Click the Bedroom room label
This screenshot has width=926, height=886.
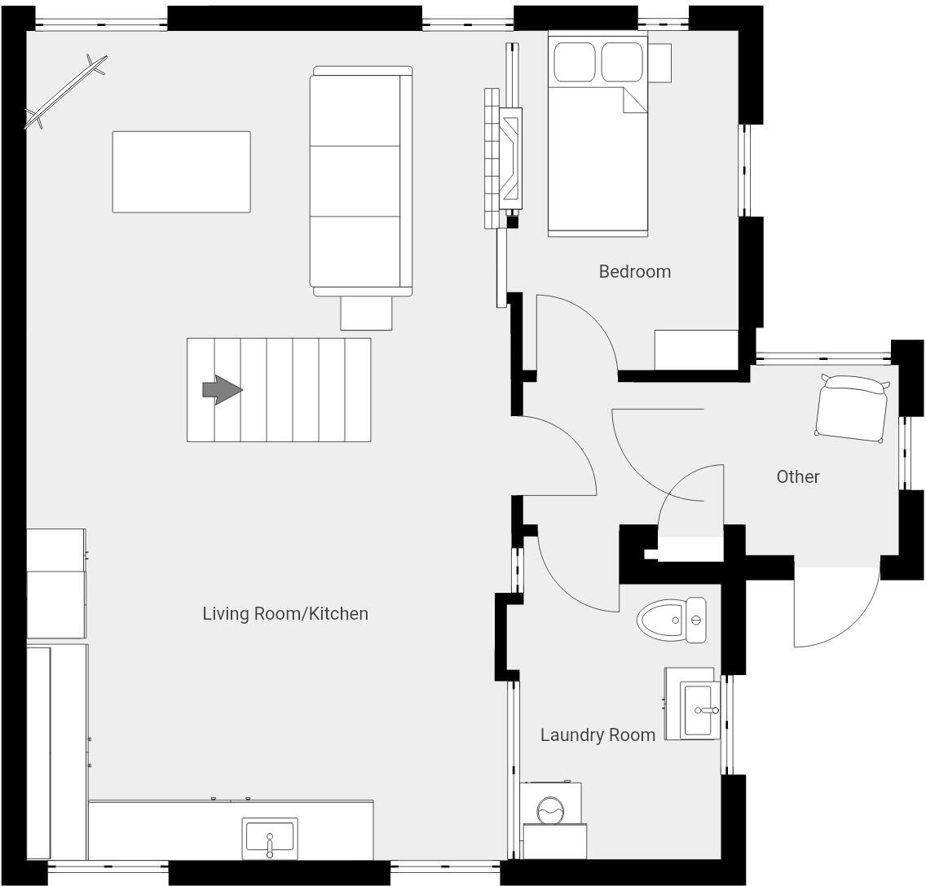(x=634, y=271)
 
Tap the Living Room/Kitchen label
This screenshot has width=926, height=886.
(x=285, y=613)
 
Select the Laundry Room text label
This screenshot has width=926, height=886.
(x=597, y=735)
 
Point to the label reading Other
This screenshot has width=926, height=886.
(x=797, y=476)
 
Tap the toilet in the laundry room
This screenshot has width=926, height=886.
(x=671, y=621)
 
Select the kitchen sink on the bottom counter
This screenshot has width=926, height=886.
(x=270, y=838)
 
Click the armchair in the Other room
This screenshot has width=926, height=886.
(x=852, y=409)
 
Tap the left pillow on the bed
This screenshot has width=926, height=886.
(x=575, y=62)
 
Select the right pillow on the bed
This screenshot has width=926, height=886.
(x=622, y=62)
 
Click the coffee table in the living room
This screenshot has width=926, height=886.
(x=181, y=172)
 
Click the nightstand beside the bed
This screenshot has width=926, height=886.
(x=660, y=63)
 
